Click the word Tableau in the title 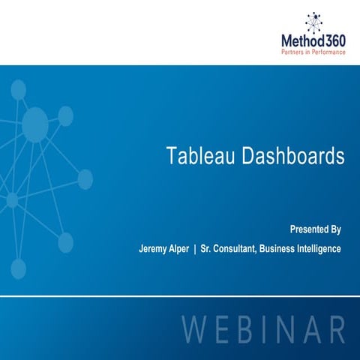[197, 156]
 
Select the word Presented [307, 229]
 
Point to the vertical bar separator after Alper [194, 248]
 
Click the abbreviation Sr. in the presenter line [205, 248]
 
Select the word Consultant [234, 248]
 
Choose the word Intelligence [321, 248]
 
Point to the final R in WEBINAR [337, 331]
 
